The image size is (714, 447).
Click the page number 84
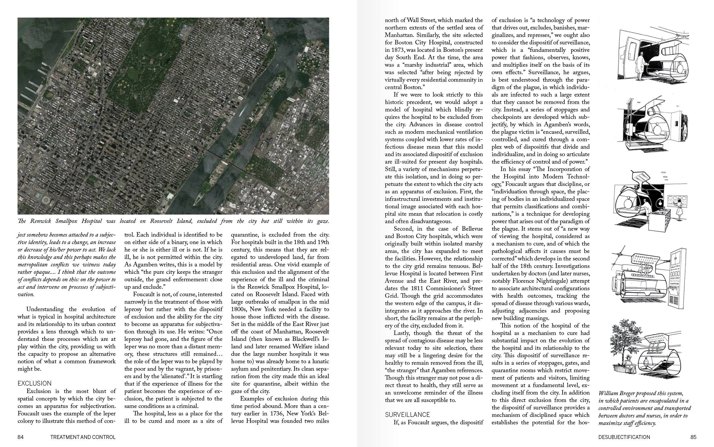[21, 437]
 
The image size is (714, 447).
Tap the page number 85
[693, 437]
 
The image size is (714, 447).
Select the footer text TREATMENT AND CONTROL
[83, 437]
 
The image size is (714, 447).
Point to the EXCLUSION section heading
[35, 384]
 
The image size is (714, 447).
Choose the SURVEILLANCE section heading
[407, 415]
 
